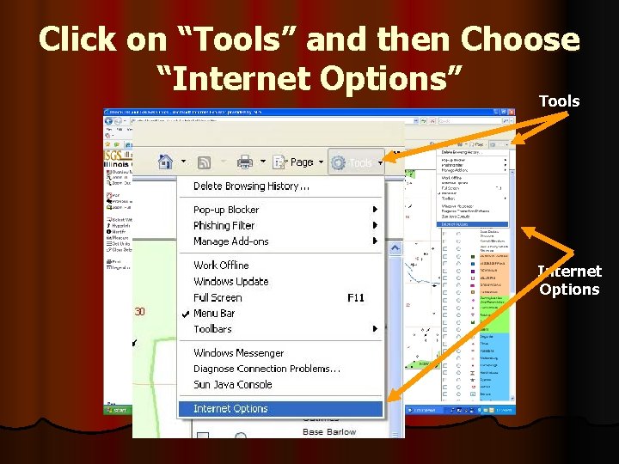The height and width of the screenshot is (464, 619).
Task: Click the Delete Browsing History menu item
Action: pyautogui.click(x=251, y=186)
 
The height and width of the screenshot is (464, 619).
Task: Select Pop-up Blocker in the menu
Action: pyautogui.click(x=226, y=210)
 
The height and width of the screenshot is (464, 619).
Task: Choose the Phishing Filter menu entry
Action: pyautogui.click(x=224, y=225)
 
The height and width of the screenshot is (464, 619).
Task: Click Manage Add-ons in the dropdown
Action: pyautogui.click(x=230, y=241)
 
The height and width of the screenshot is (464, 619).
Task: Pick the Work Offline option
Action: pyautogui.click(x=221, y=266)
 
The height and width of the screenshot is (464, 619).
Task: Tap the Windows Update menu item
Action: pyautogui.click(x=230, y=281)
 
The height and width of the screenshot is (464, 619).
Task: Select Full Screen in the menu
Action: pyautogui.click(x=218, y=297)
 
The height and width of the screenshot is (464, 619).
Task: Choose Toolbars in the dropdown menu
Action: pyautogui.click(x=212, y=329)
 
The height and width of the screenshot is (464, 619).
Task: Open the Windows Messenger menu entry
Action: pyautogui.click(x=238, y=353)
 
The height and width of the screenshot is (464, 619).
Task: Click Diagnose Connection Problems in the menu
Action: pyautogui.click(x=267, y=369)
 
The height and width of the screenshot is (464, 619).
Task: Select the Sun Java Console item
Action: pyautogui.click(x=232, y=385)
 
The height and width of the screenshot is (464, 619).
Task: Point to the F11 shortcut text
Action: pyautogui.click(x=356, y=297)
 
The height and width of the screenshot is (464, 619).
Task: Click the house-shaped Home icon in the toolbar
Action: pyautogui.click(x=166, y=162)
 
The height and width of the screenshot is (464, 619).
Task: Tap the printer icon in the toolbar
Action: pyautogui.click(x=244, y=162)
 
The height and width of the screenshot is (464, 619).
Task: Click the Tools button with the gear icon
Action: pyautogui.click(x=352, y=162)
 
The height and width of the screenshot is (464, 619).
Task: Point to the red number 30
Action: pyautogui.click(x=139, y=312)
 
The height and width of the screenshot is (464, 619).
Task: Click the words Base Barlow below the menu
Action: pyautogui.click(x=328, y=431)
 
